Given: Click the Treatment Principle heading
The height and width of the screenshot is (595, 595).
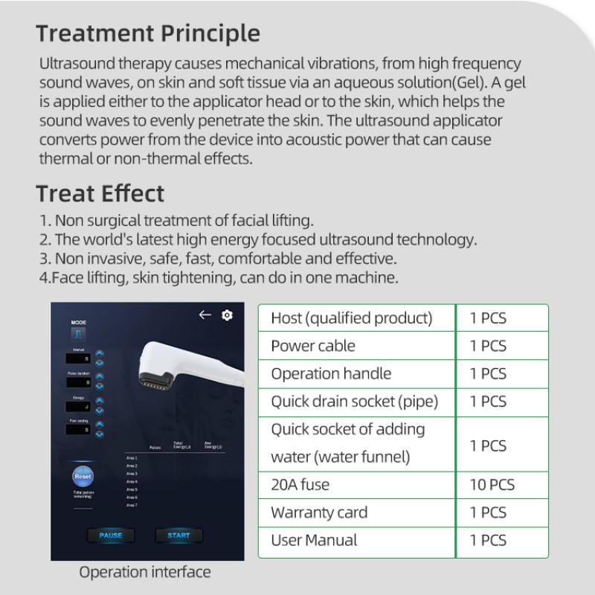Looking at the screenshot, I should (148, 33).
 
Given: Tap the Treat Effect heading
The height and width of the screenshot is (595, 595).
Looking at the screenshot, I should (100, 193).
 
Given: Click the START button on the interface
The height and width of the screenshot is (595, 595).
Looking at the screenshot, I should (178, 535).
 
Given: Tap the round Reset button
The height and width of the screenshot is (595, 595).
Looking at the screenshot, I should (83, 476).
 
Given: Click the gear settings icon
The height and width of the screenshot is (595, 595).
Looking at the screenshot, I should (227, 315).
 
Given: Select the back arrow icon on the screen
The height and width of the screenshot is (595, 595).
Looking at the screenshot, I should (205, 315).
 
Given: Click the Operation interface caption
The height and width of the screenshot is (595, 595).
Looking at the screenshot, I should (145, 572).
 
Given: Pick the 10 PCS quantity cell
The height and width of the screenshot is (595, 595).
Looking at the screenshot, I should (492, 485).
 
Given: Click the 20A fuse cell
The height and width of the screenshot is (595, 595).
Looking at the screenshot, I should (300, 485).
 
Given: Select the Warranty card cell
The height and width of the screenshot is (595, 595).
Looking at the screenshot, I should (319, 512).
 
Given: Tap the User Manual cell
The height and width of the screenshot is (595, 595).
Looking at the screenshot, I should (314, 541).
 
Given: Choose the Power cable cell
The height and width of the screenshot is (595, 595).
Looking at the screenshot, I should (313, 346).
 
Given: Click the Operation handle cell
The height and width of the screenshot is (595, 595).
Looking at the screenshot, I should (330, 373).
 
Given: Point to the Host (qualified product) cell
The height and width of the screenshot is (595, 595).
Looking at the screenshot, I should (351, 318).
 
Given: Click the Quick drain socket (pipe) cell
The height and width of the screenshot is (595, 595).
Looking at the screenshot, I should (354, 402).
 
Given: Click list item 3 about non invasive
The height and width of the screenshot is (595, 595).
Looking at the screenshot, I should (218, 259).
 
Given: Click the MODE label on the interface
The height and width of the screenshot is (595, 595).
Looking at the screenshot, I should (79, 322).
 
